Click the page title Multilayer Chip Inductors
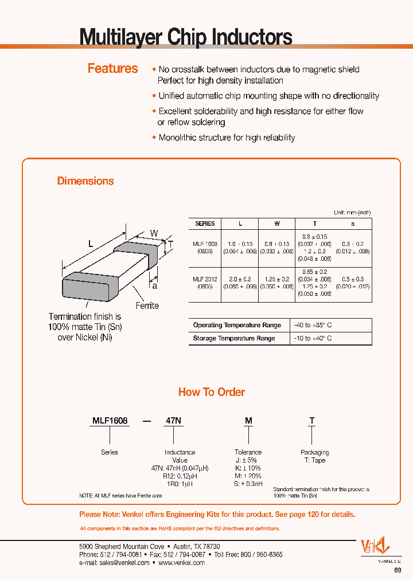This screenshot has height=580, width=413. tap(185, 37)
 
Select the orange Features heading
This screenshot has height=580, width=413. tap(112, 68)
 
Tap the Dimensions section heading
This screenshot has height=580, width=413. tap(85, 181)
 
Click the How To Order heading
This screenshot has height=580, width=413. tap(211, 392)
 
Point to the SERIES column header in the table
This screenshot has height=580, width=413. tap(205, 224)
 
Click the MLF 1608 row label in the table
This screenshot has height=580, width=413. tap(205, 244)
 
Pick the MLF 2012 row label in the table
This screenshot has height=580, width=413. tap(205, 279)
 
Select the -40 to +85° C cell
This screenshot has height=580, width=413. tap(314, 325)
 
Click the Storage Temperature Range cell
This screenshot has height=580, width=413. tap(234, 338)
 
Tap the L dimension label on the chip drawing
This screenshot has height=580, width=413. tap(90, 244)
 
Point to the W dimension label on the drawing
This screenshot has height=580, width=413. tap(154, 233)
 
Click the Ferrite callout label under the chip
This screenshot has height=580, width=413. tap(147, 305)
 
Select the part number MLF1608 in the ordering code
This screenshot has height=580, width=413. tap(110, 421)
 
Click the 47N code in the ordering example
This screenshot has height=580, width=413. tap(173, 421)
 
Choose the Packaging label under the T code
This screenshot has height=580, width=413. tap(314, 452)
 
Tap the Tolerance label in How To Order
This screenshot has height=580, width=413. tap(248, 452)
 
